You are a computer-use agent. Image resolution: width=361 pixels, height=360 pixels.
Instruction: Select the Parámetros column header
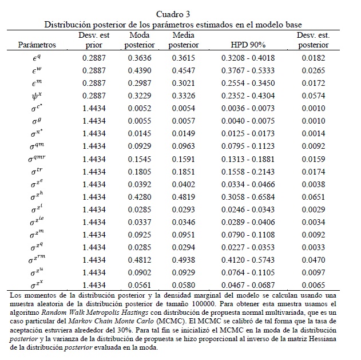click(x=37, y=45)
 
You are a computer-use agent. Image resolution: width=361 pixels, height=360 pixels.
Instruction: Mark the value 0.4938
click(x=183, y=260)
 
